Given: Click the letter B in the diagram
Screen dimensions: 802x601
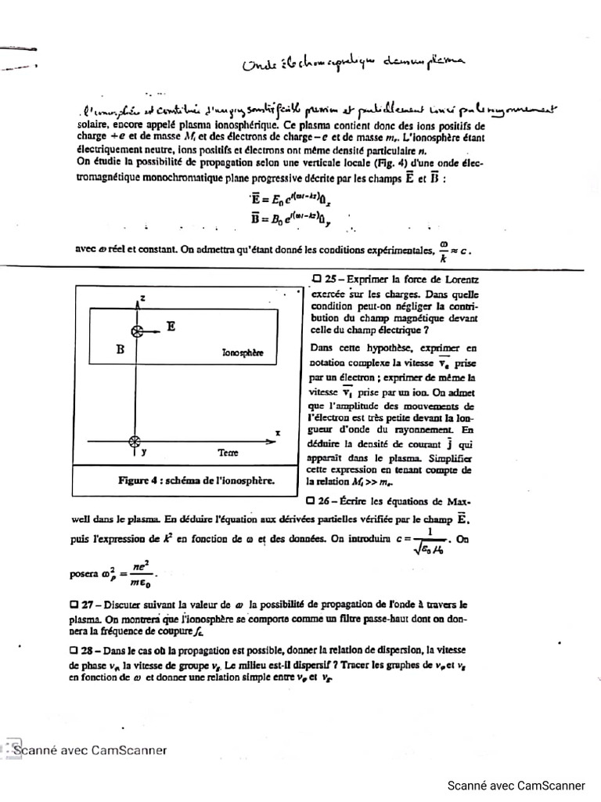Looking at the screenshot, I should tap(121, 350).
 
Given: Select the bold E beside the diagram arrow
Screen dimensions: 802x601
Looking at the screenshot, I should tap(170, 329).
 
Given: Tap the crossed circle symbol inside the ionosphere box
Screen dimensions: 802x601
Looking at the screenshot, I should tap(137, 331).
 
